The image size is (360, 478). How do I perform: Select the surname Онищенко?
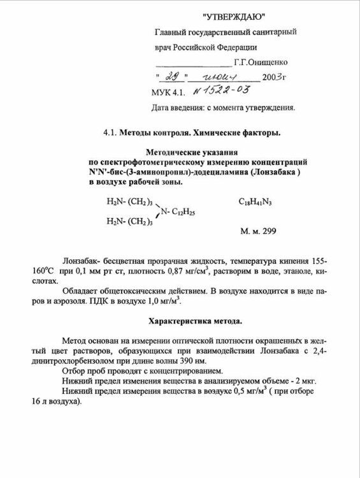[x=271, y=63]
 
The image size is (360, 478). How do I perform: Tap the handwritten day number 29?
[x=171, y=77]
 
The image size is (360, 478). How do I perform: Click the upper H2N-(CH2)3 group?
[x=130, y=202]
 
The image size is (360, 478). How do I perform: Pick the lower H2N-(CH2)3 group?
[x=130, y=221]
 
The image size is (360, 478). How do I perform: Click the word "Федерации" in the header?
[x=234, y=47]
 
